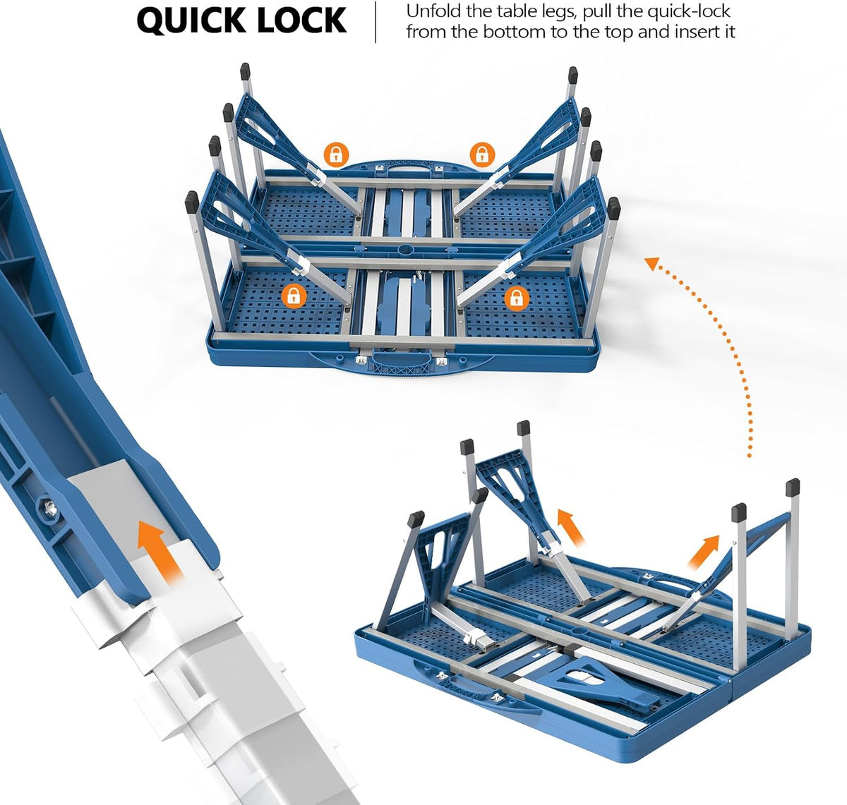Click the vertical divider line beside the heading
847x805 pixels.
coord(376,22)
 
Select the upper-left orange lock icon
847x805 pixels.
coord(337,155)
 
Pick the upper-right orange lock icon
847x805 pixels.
coord(482,155)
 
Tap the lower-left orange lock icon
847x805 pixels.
coord(294,296)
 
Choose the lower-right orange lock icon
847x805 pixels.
coord(516,298)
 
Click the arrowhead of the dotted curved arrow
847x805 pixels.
coord(652,264)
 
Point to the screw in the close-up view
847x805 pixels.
coord(48,507)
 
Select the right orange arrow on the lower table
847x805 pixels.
coord(703,552)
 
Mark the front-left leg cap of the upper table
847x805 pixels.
coord(192,202)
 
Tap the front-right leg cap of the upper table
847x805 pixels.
coord(613,208)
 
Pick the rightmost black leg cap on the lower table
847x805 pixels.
coord(793,487)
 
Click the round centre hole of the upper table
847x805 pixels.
coord(406,249)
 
